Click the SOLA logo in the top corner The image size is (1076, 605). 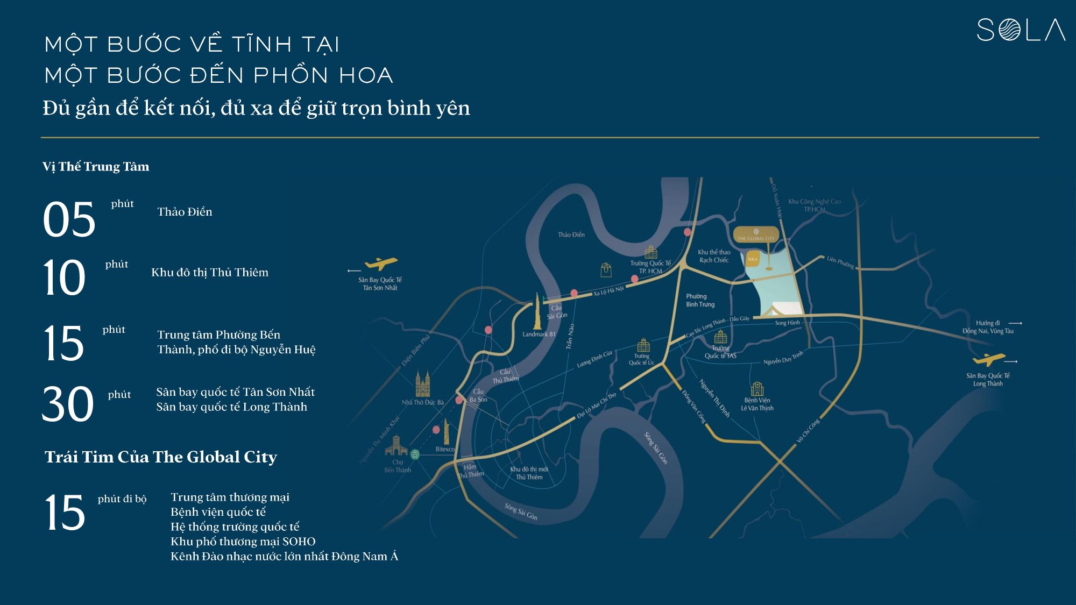pos(1021,30)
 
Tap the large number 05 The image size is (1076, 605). pos(69,219)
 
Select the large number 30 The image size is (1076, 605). pos(68,403)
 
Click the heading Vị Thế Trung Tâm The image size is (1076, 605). pos(96,167)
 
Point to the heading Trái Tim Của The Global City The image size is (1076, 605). pos(161,457)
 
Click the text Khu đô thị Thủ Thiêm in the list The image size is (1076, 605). pos(210,273)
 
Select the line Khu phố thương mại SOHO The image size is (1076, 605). pos(243,542)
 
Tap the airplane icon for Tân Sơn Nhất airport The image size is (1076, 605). pos(381,264)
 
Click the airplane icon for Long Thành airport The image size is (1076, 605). pos(988,359)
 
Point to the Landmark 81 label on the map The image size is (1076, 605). pos(539,334)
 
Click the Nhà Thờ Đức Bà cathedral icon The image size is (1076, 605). pos(423,383)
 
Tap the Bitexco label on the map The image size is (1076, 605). pos(445,450)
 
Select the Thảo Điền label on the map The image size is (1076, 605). pos(571,235)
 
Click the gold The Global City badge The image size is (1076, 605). pos(756,235)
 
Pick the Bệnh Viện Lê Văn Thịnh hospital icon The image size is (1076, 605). pos(757,388)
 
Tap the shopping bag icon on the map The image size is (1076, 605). pos(606,269)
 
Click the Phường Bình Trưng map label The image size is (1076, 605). pos(700,301)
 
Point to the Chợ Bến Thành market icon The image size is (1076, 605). pos(396,447)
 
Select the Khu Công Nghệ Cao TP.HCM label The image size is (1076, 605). pos(814,205)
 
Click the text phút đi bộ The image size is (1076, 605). pos(122,499)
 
